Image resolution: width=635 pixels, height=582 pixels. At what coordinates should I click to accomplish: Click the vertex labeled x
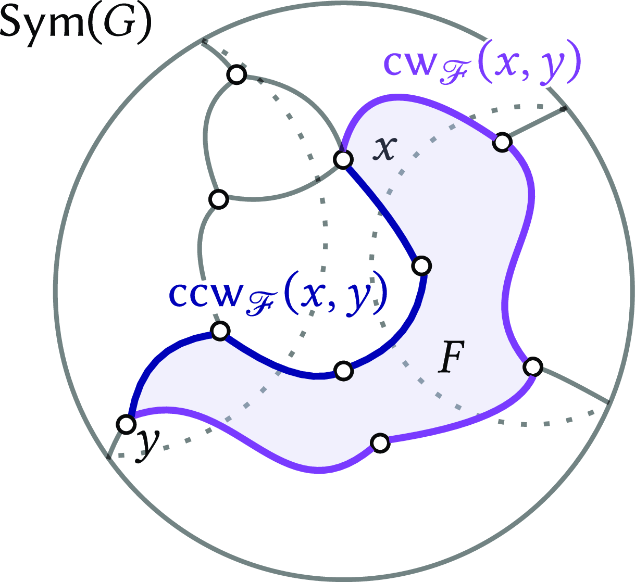click(x=342, y=159)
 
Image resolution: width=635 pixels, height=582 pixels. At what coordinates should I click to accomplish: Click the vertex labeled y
click(x=126, y=424)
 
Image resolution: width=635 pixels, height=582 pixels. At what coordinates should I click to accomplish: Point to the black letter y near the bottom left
click(x=147, y=444)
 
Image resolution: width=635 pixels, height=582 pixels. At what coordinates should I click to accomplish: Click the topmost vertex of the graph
click(x=236, y=75)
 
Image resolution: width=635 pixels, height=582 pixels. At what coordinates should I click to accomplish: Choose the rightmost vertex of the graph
click(x=532, y=366)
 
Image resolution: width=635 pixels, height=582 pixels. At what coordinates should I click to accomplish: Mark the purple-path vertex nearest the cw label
click(x=501, y=142)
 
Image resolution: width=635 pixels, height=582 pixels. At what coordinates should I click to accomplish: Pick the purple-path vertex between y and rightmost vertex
click(x=380, y=443)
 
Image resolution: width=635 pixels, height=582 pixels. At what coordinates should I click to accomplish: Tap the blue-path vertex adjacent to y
click(x=220, y=330)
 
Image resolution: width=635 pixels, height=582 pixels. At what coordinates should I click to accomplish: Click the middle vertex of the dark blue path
click(x=343, y=371)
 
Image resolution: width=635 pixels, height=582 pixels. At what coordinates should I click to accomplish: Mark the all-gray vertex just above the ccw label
click(x=218, y=199)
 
